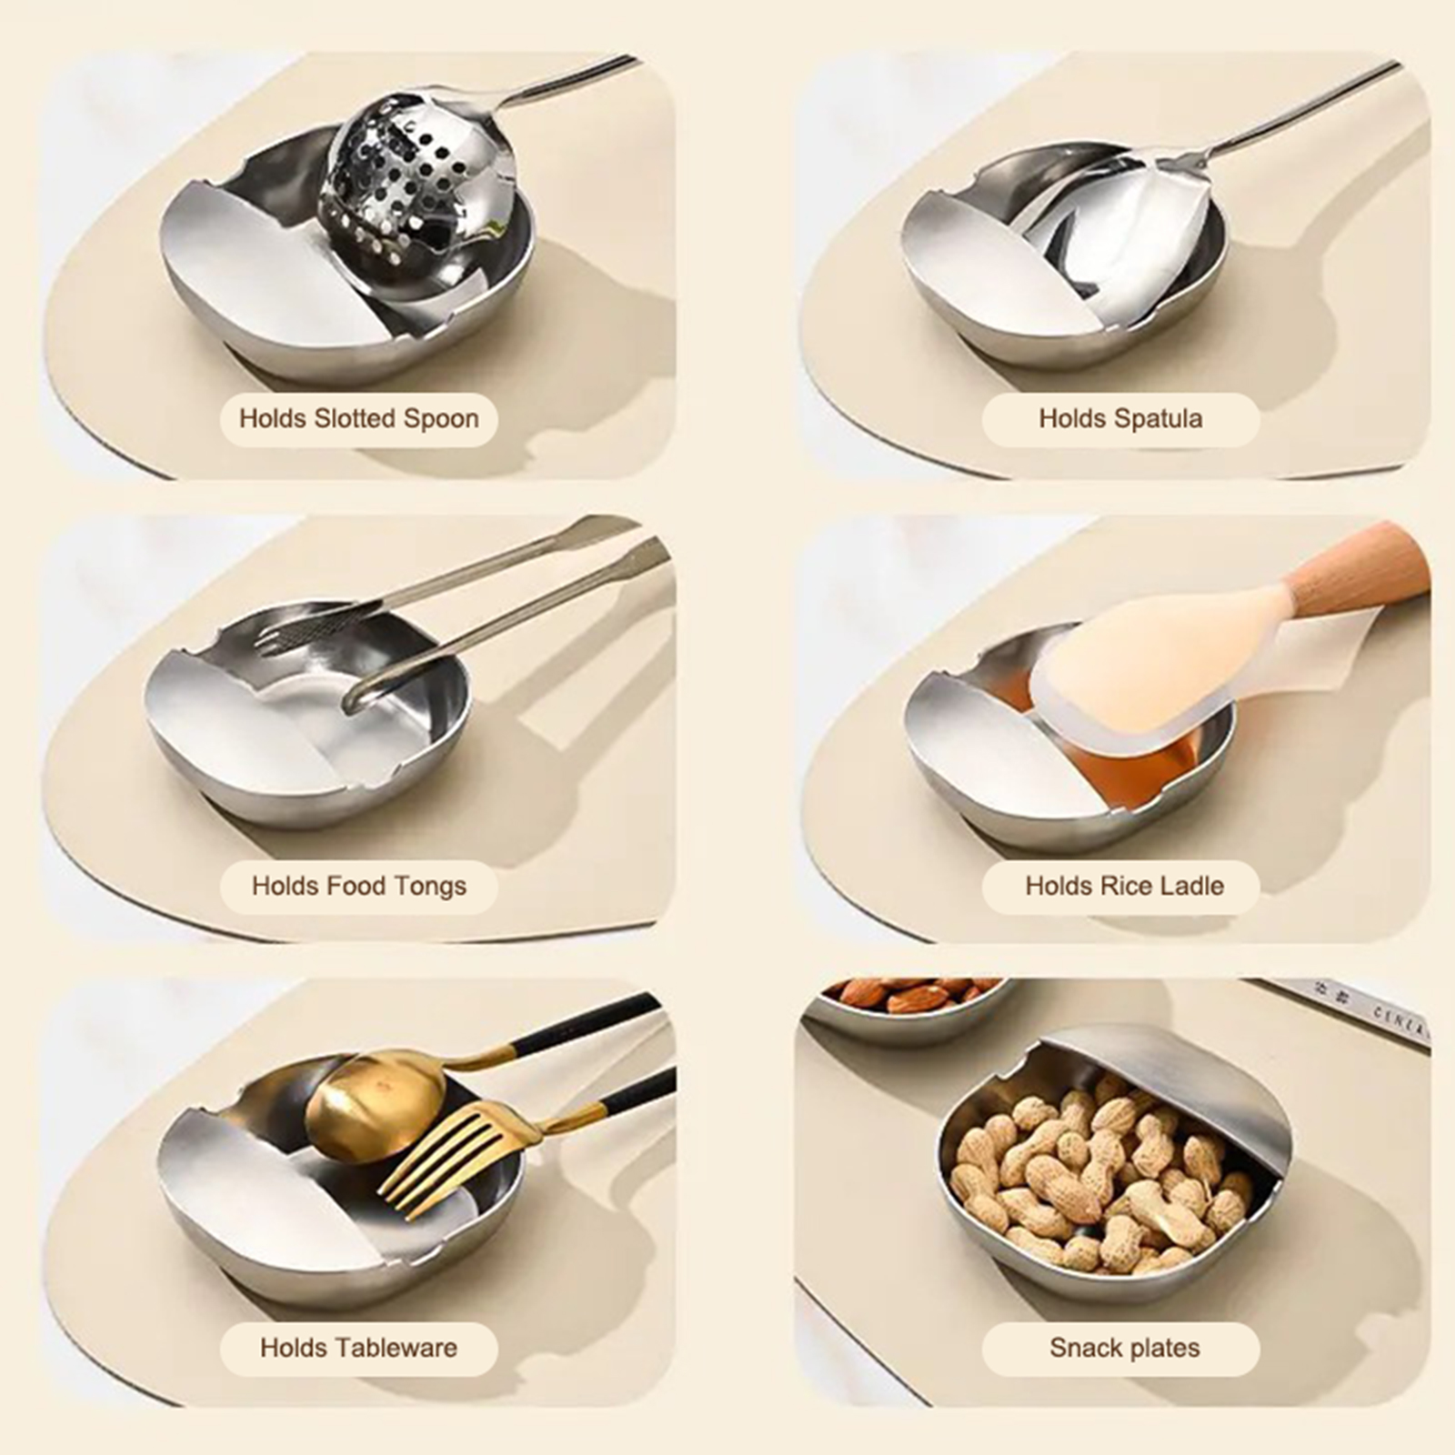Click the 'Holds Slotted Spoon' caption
(358, 418)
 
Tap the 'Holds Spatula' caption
(1120, 418)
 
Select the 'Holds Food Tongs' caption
(358, 886)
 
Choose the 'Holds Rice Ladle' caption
(1124, 886)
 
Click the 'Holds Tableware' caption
(358, 1348)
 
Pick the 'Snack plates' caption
(1124, 1348)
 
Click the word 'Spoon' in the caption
(442, 419)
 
